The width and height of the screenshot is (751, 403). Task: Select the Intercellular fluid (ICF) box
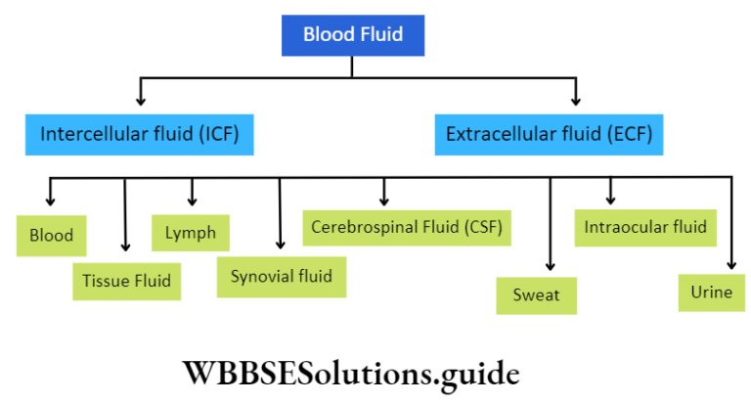pyautogui.click(x=140, y=133)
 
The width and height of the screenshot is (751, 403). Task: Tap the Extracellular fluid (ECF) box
pyautogui.click(x=549, y=133)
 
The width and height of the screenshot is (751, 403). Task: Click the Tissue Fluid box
pyautogui.click(x=127, y=281)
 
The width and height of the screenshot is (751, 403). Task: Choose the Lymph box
pyautogui.click(x=191, y=234)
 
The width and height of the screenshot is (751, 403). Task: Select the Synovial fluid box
pyautogui.click(x=281, y=276)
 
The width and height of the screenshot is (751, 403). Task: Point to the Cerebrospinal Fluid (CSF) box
pyautogui.click(x=408, y=228)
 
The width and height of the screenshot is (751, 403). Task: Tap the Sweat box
pyautogui.click(x=536, y=294)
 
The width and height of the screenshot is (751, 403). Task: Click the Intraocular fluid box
pyautogui.click(x=645, y=228)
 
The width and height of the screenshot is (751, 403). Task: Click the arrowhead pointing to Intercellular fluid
pyautogui.click(x=141, y=100)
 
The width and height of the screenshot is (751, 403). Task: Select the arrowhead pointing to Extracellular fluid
pyautogui.click(x=576, y=100)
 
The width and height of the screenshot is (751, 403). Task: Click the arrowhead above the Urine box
pyautogui.click(x=730, y=263)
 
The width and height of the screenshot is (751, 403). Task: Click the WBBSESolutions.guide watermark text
pyautogui.click(x=350, y=373)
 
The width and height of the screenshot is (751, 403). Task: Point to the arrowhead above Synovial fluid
pyautogui.click(x=280, y=245)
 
